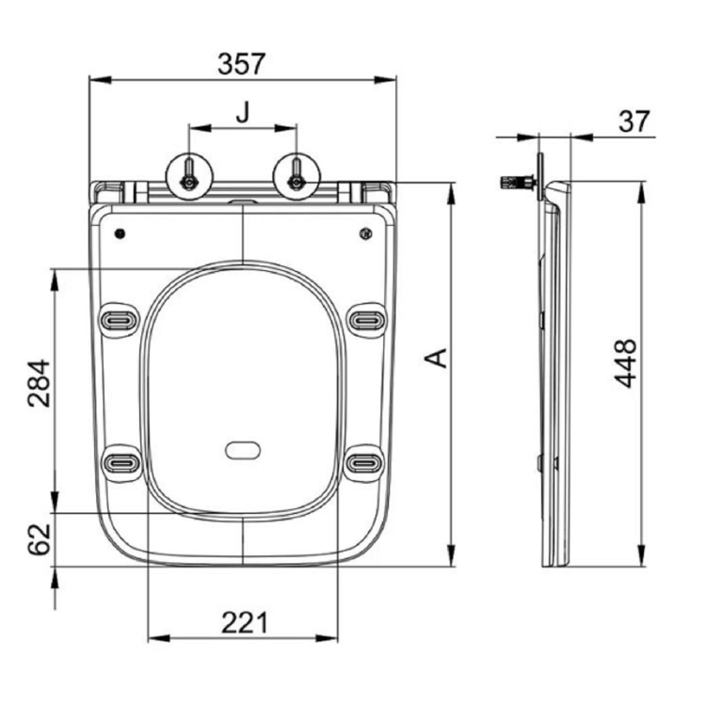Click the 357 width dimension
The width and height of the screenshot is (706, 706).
click(242, 63)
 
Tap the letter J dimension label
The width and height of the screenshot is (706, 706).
click(243, 113)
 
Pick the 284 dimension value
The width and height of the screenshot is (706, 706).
click(38, 382)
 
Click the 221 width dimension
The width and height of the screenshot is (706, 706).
click(243, 622)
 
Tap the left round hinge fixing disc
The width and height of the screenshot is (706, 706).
click(189, 174)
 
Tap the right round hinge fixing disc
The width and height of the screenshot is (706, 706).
click(296, 174)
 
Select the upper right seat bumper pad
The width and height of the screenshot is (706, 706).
click(365, 319)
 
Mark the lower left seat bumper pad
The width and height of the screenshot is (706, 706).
click(120, 462)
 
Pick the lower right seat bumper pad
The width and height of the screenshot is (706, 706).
click(365, 462)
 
